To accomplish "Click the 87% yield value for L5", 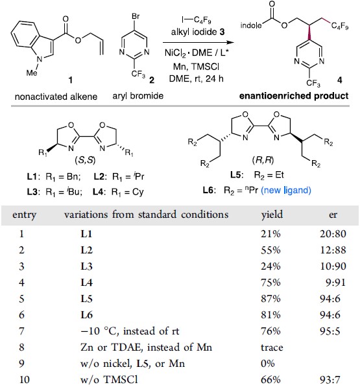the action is [x=270, y=299].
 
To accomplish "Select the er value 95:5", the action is [x=330, y=331].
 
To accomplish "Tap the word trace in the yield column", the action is [x=272, y=347].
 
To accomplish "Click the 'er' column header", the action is [x=333, y=215].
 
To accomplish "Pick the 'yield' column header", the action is [x=272, y=215].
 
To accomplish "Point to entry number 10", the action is [x=24, y=379].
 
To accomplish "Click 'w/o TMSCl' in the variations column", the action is [x=109, y=379].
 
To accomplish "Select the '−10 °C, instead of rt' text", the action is [x=130, y=331].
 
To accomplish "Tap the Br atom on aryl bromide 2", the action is [x=136, y=17].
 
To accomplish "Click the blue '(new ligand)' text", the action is [x=286, y=191].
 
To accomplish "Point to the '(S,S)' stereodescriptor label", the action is [x=85, y=160].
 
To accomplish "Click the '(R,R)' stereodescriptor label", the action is [x=263, y=160].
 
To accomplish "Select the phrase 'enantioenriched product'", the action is [x=294, y=96].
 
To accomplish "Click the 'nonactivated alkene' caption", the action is [x=56, y=97].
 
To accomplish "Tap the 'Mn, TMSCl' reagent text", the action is [x=197, y=67].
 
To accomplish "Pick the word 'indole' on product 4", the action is [x=251, y=25].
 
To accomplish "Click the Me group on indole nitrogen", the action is [x=32, y=73].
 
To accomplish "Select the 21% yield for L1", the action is [x=270, y=234].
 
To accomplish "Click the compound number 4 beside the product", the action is [x=340, y=80].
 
